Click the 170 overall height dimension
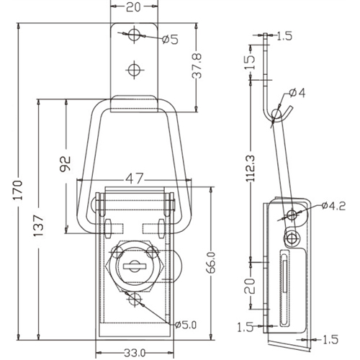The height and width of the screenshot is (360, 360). tap(17, 189)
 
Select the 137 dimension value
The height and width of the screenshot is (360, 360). tap(38, 225)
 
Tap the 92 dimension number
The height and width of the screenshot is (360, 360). tap(66, 164)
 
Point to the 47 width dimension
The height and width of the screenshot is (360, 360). tap(135, 179)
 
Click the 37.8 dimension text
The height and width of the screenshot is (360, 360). tap(197, 66)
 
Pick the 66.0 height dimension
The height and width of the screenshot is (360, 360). tap(211, 263)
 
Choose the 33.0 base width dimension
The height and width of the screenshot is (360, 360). tap(135, 353)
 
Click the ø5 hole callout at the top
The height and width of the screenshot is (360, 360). tap(170, 40)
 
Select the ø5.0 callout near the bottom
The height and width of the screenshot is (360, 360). tap(186, 325)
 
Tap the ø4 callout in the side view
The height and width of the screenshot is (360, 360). tap(297, 93)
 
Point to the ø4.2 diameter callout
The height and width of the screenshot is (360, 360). tap(333, 206)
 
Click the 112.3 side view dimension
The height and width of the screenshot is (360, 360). tap(251, 168)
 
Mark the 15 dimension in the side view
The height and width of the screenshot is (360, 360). tap(250, 62)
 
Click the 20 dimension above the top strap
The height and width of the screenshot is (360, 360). tap(133, 7)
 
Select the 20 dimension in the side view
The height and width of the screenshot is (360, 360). tap(250, 286)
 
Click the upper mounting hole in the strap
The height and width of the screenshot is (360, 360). tap(134, 35)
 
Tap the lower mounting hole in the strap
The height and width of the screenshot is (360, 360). tap(135, 70)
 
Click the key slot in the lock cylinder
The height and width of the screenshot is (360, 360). tap(135, 266)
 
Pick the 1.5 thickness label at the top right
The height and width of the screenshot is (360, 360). tap(284, 36)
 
